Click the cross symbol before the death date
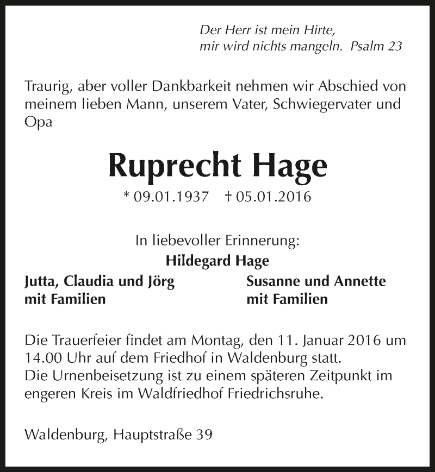click(228, 196)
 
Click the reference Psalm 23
click(376, 46)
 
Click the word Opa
click(39, 123)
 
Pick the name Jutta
click(42, 281)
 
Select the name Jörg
click(161, 281)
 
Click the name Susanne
click(272, 281)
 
